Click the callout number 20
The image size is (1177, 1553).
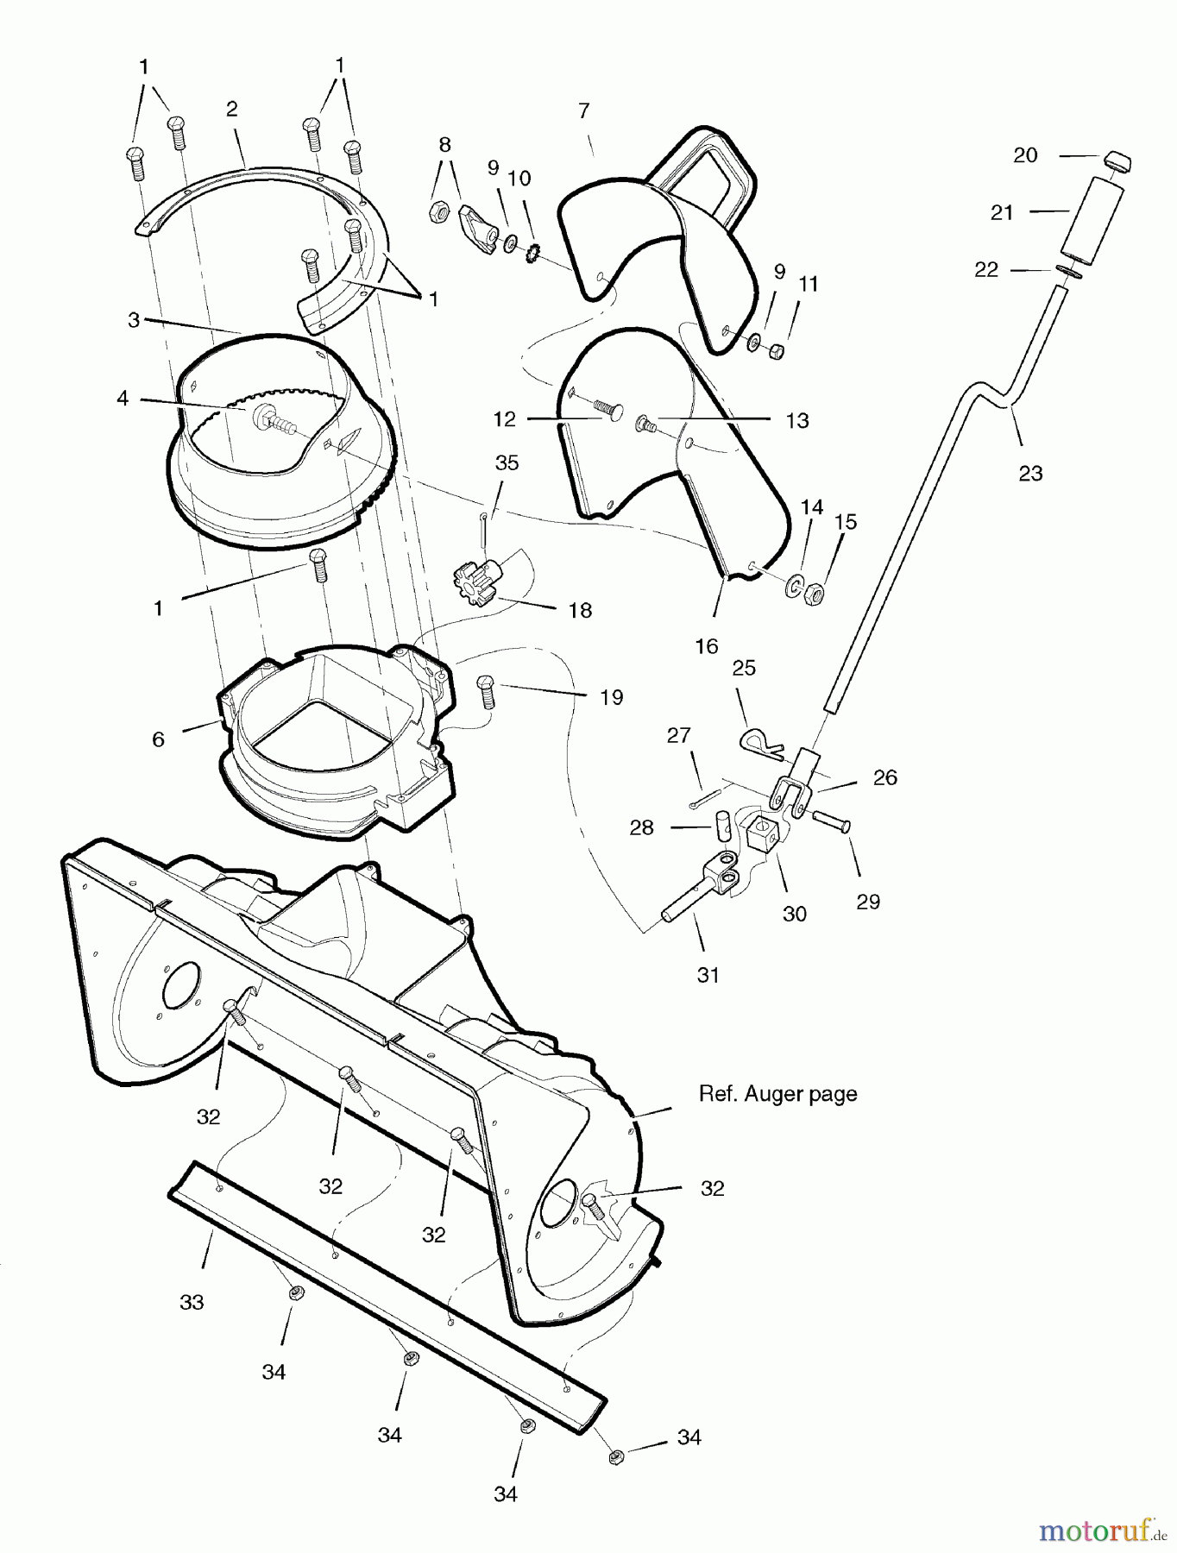1025,155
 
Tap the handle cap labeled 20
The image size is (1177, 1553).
1117,161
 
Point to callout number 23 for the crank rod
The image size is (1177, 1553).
1030,473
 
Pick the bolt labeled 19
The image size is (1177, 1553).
487,691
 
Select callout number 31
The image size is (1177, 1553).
708,975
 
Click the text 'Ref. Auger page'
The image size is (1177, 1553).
777,1094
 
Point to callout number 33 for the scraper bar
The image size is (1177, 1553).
192,1302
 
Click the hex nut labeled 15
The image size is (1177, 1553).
813,594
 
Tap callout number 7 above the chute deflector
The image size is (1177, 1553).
584,111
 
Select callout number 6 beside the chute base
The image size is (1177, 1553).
158,739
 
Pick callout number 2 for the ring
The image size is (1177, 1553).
231,110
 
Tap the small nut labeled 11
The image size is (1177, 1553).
776,351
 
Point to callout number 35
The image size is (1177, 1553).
507,462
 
